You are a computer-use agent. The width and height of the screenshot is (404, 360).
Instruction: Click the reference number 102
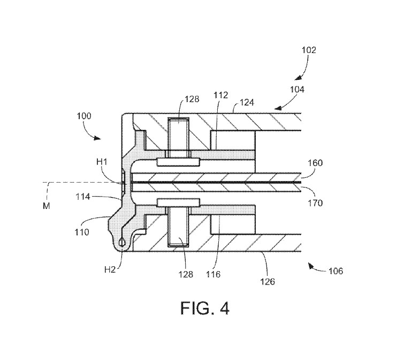coord(309,50)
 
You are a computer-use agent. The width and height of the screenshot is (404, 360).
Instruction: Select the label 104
coord(297,89)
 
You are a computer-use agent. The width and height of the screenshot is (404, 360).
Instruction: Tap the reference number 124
coord(247,103)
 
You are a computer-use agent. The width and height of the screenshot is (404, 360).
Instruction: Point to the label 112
coord(221,95)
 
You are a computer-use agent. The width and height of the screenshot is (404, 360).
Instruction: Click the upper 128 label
coord(192,99)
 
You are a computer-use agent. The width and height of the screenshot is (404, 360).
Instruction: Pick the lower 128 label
coord(186,274)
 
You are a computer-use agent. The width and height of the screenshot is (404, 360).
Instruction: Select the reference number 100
coord(84,116)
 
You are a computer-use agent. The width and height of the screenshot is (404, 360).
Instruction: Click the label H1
coord(102,162)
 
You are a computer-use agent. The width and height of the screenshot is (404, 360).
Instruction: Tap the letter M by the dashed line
coord(47,206)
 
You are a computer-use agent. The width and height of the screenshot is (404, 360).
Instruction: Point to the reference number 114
coord(83,197)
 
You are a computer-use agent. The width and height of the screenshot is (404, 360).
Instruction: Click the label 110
coord(82,232)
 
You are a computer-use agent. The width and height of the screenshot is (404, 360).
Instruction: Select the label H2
coord(110,270)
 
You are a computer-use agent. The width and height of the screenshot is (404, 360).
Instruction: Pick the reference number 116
coord(214,274)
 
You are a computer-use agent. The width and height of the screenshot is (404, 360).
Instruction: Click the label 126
coord(268,282)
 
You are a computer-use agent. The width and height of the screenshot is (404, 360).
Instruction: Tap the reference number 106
coord(336,271)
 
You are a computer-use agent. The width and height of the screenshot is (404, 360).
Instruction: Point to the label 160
coord(315,163)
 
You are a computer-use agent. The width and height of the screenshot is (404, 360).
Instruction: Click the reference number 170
coord(315,203)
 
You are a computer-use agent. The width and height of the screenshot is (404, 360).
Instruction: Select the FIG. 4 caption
coord(205,308)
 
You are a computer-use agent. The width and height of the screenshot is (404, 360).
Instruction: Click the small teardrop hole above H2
coord(121,242)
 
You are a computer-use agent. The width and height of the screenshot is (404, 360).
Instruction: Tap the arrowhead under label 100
coord(97,138)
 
